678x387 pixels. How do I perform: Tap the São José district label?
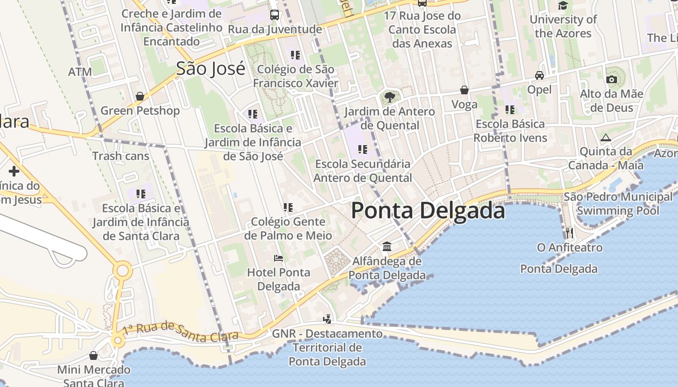211,68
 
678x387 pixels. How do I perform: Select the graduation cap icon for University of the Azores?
563,5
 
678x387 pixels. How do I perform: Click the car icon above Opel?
539,75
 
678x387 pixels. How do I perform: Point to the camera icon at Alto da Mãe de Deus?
612,79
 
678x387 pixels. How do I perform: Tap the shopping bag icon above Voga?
464,90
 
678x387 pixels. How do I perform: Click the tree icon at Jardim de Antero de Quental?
389,97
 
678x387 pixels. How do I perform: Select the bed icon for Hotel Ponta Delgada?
278,258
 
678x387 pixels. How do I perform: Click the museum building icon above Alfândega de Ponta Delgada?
387,247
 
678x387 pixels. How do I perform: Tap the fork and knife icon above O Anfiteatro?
570,233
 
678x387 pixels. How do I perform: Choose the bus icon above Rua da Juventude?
275,15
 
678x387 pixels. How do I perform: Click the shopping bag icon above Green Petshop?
140,96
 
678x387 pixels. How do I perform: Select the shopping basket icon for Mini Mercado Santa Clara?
93,356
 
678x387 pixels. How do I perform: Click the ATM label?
80,72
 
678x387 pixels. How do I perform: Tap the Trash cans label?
121,156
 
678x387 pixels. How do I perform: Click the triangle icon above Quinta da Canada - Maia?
606,137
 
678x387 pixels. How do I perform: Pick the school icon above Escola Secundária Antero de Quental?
362,149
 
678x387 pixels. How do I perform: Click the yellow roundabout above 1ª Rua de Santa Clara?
123,270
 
